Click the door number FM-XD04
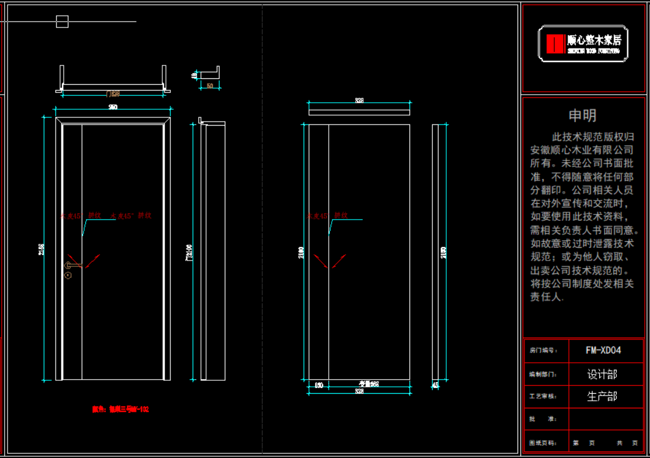tap(603, 351)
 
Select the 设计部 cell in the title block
tap(602, 374)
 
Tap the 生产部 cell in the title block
tap(602, 397)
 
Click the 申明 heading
tap(583, 116)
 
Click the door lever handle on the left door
tap(71, 266)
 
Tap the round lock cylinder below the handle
tap(68, 275)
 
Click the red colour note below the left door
tap(120, 410)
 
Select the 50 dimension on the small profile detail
tap(210, 86)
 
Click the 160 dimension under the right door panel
tap(319, 385)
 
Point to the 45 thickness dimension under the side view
tap(435, 385)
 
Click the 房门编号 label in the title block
tap(540, 351)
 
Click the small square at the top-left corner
tap(62, 22)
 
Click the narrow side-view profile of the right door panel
tap(435, 251)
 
